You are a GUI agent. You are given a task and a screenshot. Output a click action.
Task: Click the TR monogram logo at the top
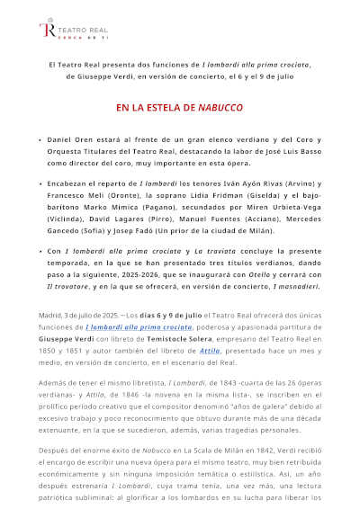(46, 30)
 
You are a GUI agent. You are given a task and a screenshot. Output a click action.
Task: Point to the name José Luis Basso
(256, 154)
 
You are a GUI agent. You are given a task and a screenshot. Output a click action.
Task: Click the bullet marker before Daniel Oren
(40, 143)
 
